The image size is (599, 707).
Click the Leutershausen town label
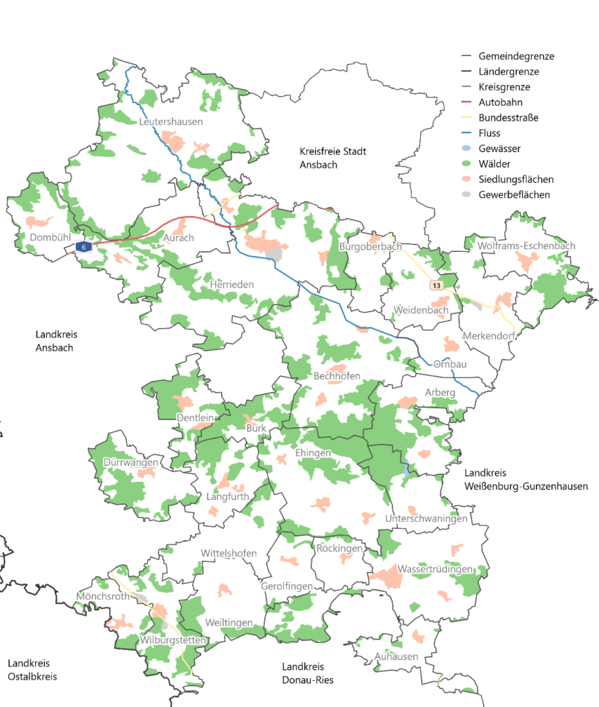coord(171,122)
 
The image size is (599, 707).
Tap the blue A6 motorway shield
coord(84,246)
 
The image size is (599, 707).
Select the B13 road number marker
coord(436,285)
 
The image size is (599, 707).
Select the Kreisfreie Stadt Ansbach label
coord(333,158)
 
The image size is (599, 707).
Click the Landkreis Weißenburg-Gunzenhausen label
coord(526,480)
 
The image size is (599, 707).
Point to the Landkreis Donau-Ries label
coord(307,673)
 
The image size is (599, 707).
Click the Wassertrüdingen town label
coord(435,570)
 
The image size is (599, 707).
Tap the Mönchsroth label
coord(103,596)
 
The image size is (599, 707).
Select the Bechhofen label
coord(337,376)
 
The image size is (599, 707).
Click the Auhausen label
coord(396,657)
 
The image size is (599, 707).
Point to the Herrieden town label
coord(232,284)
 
